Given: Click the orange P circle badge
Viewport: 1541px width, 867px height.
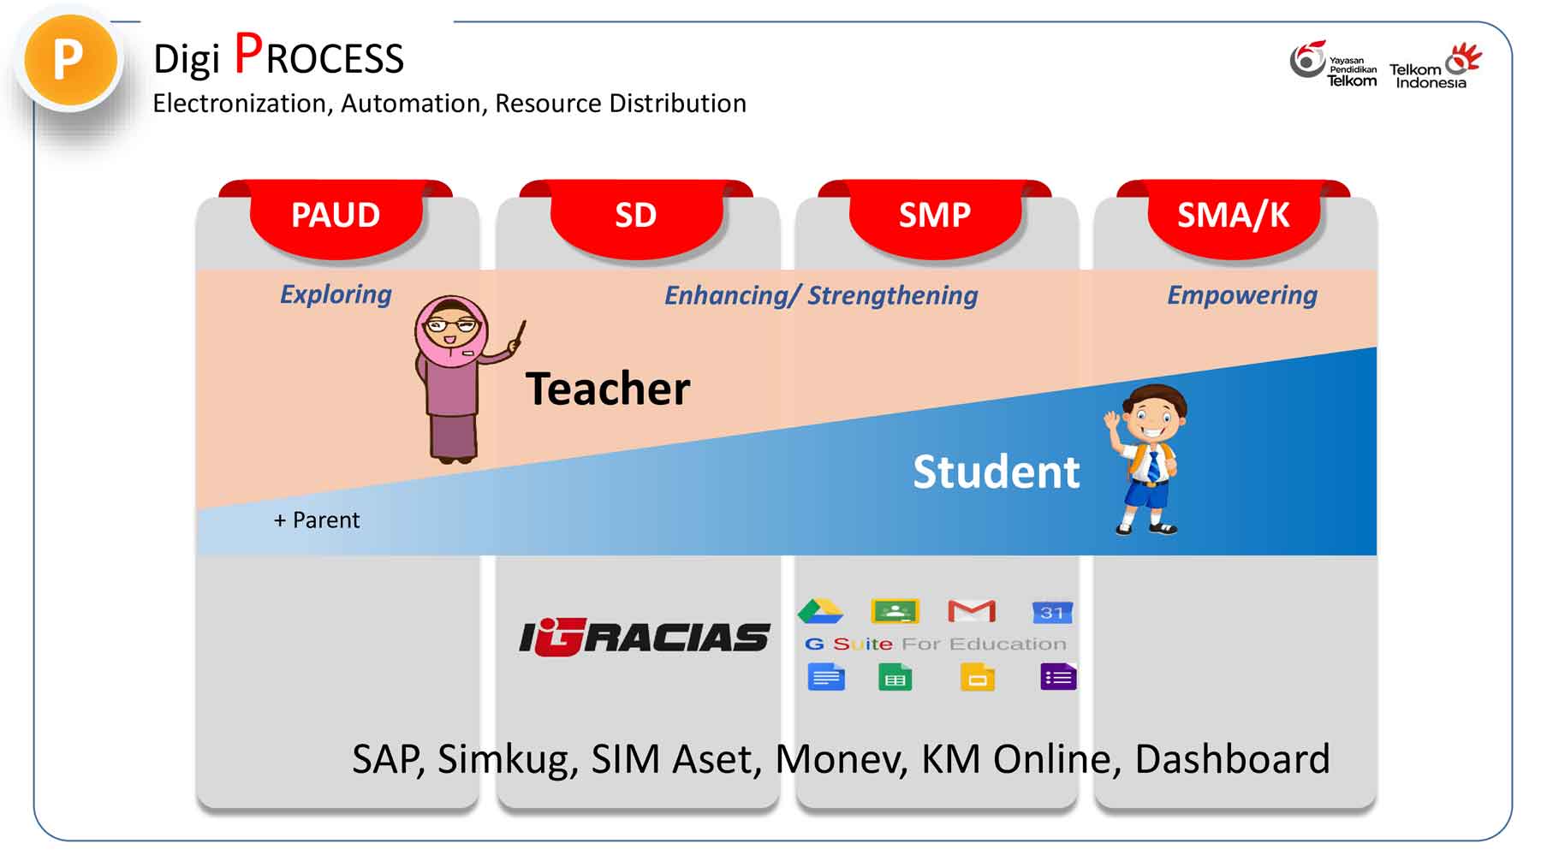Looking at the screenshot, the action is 70,61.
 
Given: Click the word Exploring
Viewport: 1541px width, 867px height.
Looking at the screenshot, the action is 336,294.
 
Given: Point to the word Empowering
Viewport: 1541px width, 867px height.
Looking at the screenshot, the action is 1242,295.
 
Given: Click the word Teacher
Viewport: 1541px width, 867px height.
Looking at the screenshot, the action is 608,389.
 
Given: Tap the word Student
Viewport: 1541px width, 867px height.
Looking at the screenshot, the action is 997,472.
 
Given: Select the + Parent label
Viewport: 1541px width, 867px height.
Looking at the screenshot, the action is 317,520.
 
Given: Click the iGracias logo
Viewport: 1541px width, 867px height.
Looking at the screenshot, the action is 644,638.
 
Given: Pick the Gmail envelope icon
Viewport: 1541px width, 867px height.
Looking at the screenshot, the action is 972,611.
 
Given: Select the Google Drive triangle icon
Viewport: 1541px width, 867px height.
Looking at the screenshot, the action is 820,611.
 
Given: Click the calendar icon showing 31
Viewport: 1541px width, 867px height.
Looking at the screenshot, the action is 1052,612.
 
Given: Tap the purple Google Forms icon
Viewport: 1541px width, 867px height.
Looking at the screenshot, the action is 1058,677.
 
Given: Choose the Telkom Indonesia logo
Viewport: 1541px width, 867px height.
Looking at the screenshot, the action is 1436,66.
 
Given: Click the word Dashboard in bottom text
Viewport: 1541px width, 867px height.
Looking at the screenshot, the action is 1232,759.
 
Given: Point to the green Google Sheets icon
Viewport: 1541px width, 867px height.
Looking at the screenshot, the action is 895,677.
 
